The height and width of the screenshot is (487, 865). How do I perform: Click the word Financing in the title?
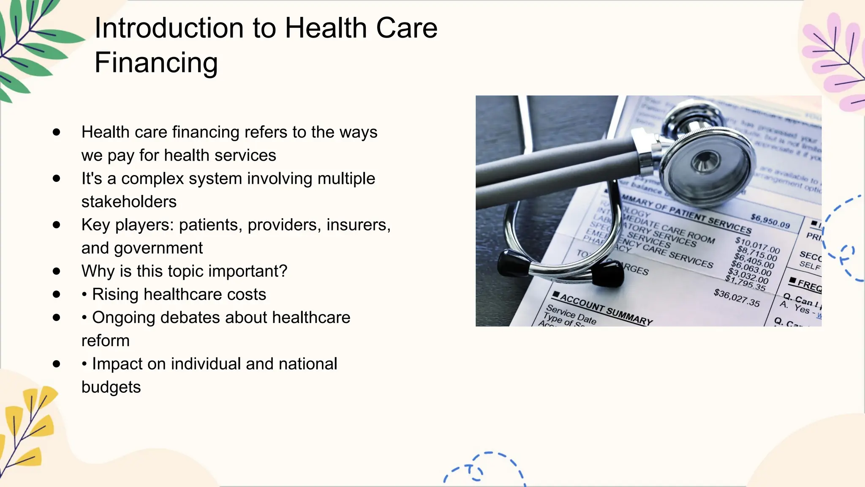click(x=156, y=63)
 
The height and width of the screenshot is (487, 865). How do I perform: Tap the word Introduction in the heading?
click(x=168, y=28)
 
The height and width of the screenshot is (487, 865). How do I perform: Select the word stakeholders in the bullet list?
click(x=129, y=202)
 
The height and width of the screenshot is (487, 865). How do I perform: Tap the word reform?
click(x=105, y=341)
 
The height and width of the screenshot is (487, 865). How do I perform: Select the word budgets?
click(x=111, y=387)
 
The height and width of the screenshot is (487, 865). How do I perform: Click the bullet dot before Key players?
click(x=57, y=225)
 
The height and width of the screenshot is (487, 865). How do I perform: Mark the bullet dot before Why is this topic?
click(x=57, y=271)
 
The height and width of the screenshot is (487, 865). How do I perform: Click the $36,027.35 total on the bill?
click(x=737, y=298)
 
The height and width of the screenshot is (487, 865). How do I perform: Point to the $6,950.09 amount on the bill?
click(x=770, y=221)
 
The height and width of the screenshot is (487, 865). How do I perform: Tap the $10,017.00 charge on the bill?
click(x=757, y=245)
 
